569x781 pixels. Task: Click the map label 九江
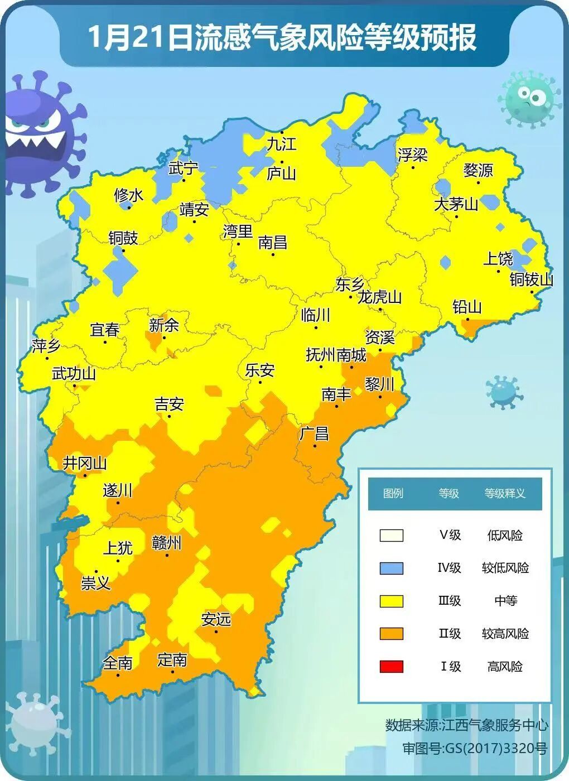281,144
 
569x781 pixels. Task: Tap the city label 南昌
273,242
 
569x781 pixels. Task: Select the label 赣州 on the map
167,542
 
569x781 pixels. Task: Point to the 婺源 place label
478,170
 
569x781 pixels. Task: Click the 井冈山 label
85,462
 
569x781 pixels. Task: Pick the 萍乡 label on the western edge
46,346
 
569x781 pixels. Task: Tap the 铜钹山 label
531,279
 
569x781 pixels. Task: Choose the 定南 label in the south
172,660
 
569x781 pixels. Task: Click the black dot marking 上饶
498,271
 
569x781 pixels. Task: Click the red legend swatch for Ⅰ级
391,666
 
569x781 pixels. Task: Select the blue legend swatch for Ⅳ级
391,568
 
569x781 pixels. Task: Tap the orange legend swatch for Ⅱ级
391,633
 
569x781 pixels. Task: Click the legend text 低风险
505,535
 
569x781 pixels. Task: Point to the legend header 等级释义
505,493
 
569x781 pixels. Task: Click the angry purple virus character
42,134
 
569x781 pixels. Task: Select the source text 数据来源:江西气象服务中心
466,725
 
